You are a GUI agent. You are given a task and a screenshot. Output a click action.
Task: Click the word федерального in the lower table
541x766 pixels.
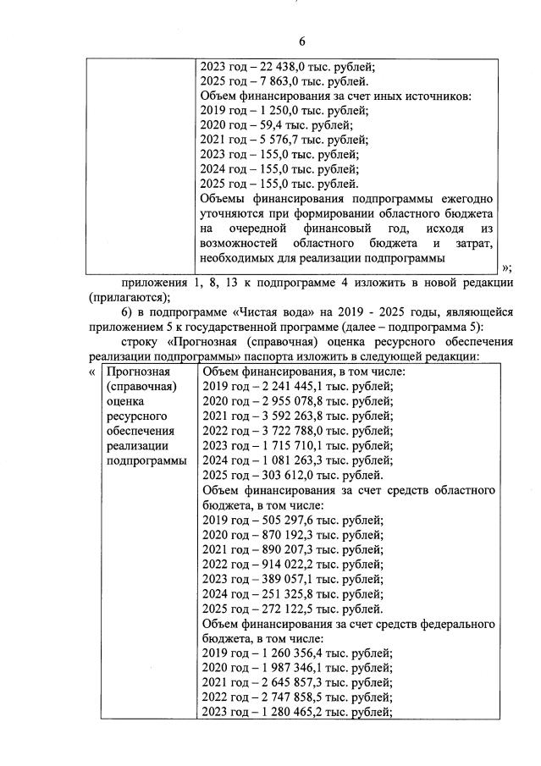457,624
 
